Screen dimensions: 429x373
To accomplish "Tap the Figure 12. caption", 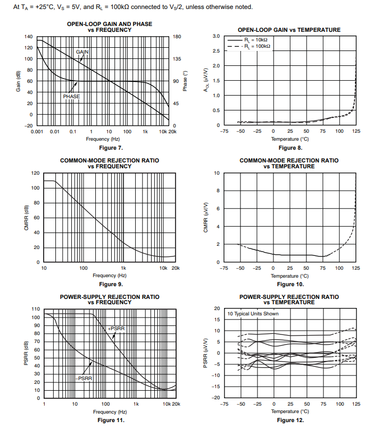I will pyautogui.click(x=290, y=420).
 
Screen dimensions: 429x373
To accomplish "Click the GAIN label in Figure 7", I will pyautogui.click(x=82, y=52).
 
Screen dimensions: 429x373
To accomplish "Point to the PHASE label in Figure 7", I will pyautogui.click(x=71, y=97).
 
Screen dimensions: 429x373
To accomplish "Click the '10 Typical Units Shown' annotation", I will pyautogui.click(x=253, y=314).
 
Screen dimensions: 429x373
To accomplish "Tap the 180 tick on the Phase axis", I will pyautogui.click(x=178, y=36).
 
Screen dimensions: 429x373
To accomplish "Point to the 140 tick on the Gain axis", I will pyautogui.click(x=29, y=36).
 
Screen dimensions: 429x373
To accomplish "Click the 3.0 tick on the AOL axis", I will pyautogui.click(x=216, y=36).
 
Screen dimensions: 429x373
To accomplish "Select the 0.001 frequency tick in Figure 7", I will pyautogui.click(x=37, y=131).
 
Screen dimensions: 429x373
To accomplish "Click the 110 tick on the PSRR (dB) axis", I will pyautogui.click(x=36, y=309).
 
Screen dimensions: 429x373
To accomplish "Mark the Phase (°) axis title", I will pyautogui.click(x=186, y=81).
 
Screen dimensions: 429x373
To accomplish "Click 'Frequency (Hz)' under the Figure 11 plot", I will pyautogui.click(x=109, y=411).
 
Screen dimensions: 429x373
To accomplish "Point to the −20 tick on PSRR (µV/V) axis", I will pyautogui.click(x=216, y=398).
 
